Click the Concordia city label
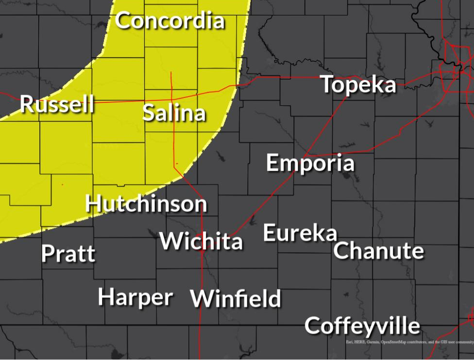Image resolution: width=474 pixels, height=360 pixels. coord(170,21)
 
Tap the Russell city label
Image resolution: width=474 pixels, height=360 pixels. coord(57,104)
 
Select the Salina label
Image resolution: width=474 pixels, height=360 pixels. coord(174,113)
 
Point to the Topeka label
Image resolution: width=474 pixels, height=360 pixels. coord(358,85)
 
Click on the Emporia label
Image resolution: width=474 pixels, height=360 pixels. coord(310,163)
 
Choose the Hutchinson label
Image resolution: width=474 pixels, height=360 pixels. coord(146,203)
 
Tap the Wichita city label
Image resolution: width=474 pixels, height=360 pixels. coord(201,241)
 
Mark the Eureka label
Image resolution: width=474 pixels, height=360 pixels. coord(300,233)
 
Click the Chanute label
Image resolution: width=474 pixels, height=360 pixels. coord(378,251)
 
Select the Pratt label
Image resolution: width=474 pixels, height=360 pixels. coord(68,254)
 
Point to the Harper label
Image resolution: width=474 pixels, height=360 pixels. coord(135,297)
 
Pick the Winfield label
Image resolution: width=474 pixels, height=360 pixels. coord(236,298)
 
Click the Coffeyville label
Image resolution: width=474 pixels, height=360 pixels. coord(362,326)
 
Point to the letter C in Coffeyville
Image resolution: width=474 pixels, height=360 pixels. coord(313,326)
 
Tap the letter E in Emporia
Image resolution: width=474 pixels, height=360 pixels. coord(272,163)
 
